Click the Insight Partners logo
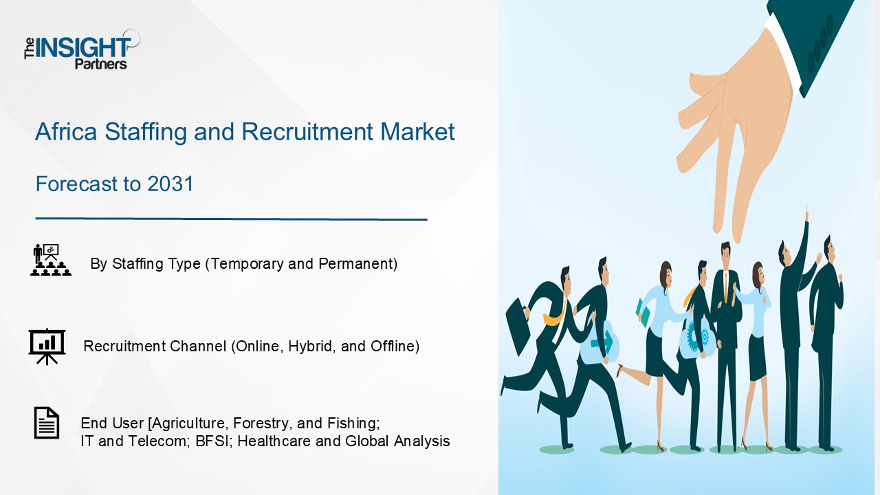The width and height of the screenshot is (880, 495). coord(81,49)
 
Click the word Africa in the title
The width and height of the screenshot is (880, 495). coord(66,132)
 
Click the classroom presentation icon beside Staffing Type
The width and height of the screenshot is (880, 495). coord(50,261)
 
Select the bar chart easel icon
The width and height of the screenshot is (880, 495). coord(47,344)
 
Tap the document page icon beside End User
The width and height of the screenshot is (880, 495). coord(47,423)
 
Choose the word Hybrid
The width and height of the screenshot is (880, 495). coord(308,346)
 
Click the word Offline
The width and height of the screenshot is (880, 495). coord(392,346)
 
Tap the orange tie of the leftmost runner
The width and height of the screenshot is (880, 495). coord(553,318)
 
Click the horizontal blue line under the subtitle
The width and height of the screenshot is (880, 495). coord(231,219)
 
